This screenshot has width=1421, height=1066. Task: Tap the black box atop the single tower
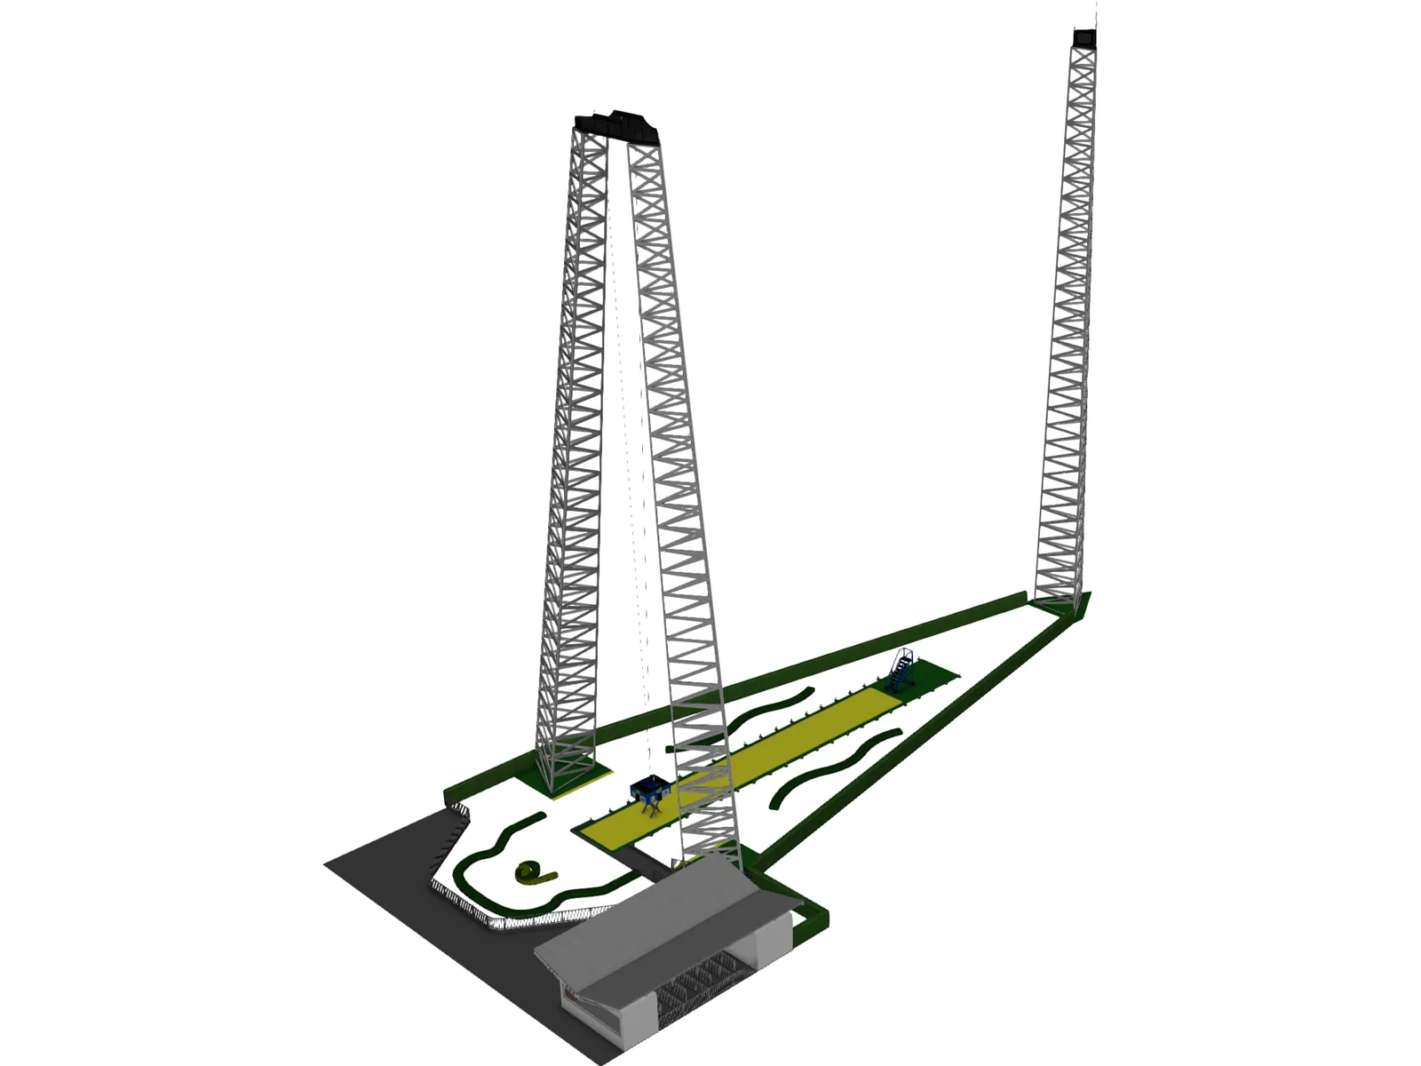click(x=1084, y=38)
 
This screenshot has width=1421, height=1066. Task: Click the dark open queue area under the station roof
click(x=702, y=982)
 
